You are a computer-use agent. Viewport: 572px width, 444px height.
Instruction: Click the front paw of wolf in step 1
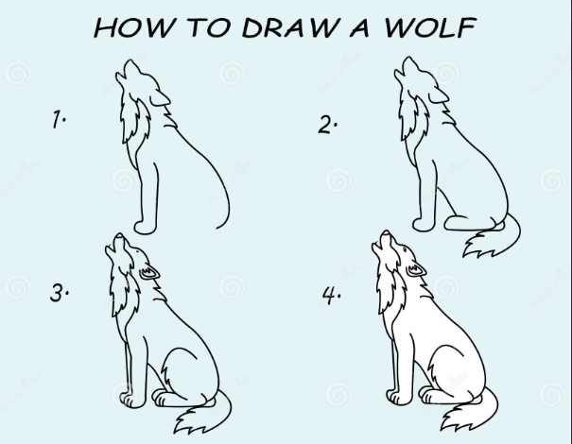coord(142,226)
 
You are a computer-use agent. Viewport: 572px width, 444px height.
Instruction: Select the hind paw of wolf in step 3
coord(166,400)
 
